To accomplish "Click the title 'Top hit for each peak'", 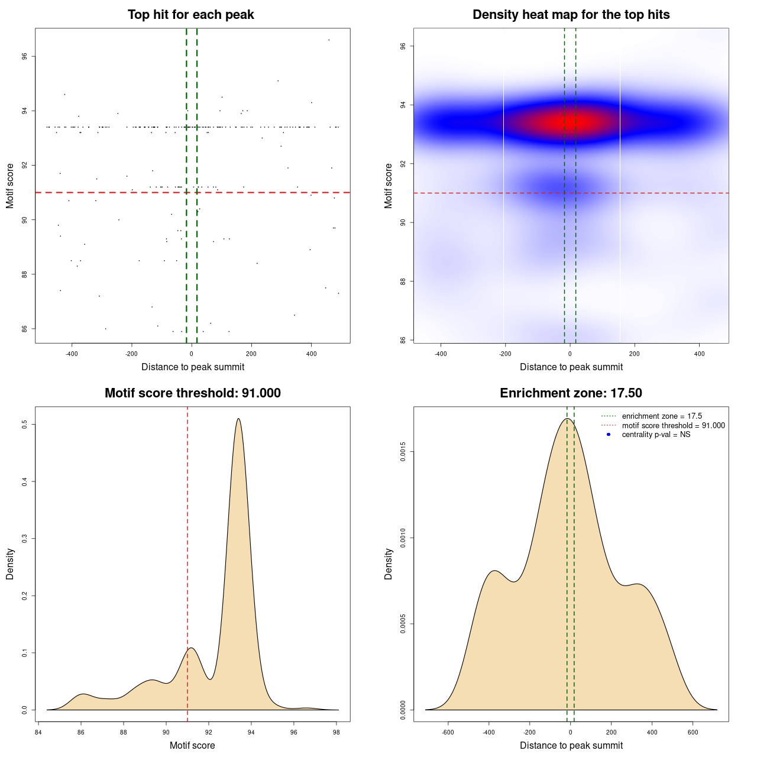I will click(x=190, y=15).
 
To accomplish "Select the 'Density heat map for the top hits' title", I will click(x=571, y=15).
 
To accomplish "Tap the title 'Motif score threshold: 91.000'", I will click(x=192, y=393).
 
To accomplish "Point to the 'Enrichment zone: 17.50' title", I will click(x=571, y=393).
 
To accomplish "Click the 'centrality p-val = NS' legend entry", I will click(x=656, y=435).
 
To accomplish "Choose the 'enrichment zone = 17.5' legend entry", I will click(x=662, y=416).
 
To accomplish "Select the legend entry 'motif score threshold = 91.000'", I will click(x=673, y=426).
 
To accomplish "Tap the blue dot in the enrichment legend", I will click(x=609, y=435).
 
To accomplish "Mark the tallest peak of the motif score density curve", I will click(x=238, y=419).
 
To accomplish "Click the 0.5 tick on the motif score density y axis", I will click(x=25, y=425).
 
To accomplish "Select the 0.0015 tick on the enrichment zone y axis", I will click(x=403, y=452).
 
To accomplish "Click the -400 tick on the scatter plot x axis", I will click(x=72, y=354).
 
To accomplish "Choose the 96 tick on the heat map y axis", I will click(x=403, y=46).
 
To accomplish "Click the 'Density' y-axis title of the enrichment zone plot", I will click(x=389, y=564).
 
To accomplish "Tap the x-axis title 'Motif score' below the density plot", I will click(x=192, y=745).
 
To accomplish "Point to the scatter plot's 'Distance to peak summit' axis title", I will click(x=193, y=367).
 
